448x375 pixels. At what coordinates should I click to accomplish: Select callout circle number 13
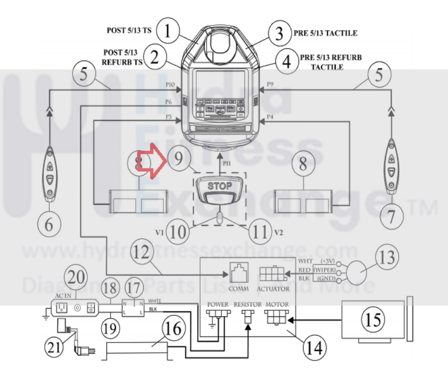[387, 257]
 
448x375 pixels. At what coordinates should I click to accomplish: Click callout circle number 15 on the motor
[373, 320]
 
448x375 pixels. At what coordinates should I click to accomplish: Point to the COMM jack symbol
[239, 273]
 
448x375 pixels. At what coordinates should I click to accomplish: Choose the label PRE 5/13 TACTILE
[325, 33]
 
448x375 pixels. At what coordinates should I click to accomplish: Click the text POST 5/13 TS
[129, 30]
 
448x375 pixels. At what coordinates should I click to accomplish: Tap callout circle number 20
[76, 277]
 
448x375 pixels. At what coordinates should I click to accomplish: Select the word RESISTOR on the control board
[248, 304]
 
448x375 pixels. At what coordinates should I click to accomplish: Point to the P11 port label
[227, 163]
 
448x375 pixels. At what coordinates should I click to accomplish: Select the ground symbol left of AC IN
[45, 316]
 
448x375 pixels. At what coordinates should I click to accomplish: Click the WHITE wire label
[154, 301]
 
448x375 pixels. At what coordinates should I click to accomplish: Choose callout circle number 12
[141, 252]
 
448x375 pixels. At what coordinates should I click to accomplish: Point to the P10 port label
[170, 85]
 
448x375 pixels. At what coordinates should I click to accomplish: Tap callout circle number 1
[168, 31]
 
